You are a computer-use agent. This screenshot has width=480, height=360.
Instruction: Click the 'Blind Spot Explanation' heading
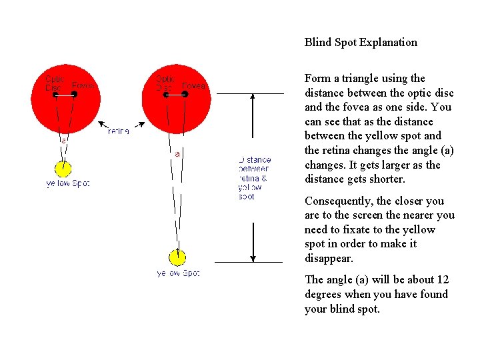click(x=361, y=43)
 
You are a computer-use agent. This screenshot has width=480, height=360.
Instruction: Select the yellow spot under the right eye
click(x=177, y=257)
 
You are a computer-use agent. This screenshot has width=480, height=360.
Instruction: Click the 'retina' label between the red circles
click(x=118, y=131)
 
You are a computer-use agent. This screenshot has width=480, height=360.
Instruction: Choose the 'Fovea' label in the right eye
click(x=193, y=86)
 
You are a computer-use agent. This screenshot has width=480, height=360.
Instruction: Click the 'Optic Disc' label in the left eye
click(x=54, y=83)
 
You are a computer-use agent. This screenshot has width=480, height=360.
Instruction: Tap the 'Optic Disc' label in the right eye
click(x=165, y=83)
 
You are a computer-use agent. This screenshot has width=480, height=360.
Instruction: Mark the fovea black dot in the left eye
click(x=74, y=95)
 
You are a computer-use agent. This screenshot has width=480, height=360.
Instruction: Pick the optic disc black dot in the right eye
click(x=165, y=95)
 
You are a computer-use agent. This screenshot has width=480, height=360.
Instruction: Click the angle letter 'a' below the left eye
click(x=63, y=141)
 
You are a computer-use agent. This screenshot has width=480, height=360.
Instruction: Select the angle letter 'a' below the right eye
click(x=177, y=154)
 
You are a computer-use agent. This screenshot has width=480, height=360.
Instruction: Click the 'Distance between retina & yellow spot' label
click(x=254, y=178)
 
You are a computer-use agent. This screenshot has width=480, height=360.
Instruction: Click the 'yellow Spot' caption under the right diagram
click(x=178, y=273)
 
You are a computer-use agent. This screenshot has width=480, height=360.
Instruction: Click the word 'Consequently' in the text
click(x=339, y=201)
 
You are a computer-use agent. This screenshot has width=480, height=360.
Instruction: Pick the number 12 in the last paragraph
click(x=443, y=280)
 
